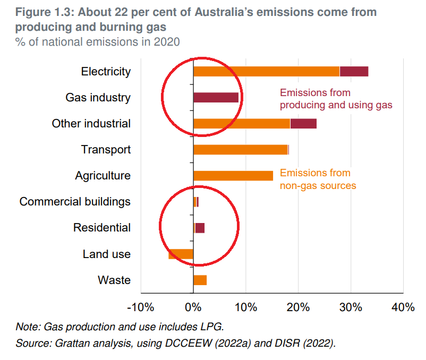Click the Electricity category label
[106, 72]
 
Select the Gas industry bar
[216, 97]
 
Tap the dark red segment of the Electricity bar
[354, 72]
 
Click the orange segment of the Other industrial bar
[242, 124]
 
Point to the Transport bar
[241, 150]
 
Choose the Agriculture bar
[233, 176]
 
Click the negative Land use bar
[181, 254]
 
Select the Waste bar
[200, 280]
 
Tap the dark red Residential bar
[200, 228]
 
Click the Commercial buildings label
[75, 202]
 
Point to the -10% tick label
[140, 307]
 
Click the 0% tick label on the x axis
[192, 307]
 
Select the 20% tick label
[298, 307]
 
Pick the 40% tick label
[403, 307]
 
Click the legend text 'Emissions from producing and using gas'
[336, 99]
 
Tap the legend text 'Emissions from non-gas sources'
[318, 179]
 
